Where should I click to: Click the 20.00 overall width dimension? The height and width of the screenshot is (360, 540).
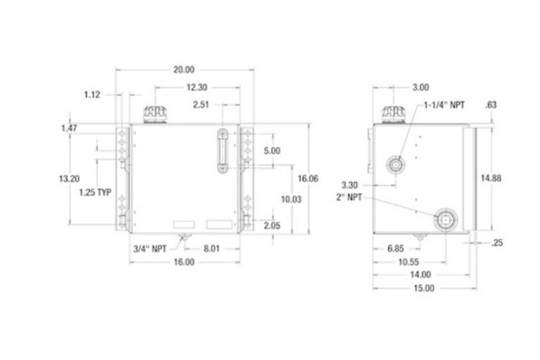(x=184, y=70)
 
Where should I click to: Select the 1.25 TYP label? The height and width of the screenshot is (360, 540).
(x=95, y=193)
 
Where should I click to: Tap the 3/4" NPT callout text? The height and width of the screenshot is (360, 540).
(x=150, y=247)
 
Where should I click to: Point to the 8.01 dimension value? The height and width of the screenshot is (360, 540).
(x=212, y=247)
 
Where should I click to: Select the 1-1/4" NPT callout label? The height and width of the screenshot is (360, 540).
(x=445, y=105)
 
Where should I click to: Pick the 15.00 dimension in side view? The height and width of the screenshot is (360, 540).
(x=424, y=288)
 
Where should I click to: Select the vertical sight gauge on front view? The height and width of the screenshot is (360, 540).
(x=223, y=151)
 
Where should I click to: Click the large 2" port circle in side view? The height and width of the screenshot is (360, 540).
(x=446, y=220)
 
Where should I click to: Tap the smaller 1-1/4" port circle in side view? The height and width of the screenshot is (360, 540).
(x=395, y=163)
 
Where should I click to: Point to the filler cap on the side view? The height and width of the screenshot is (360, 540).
(x=394, y=113)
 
